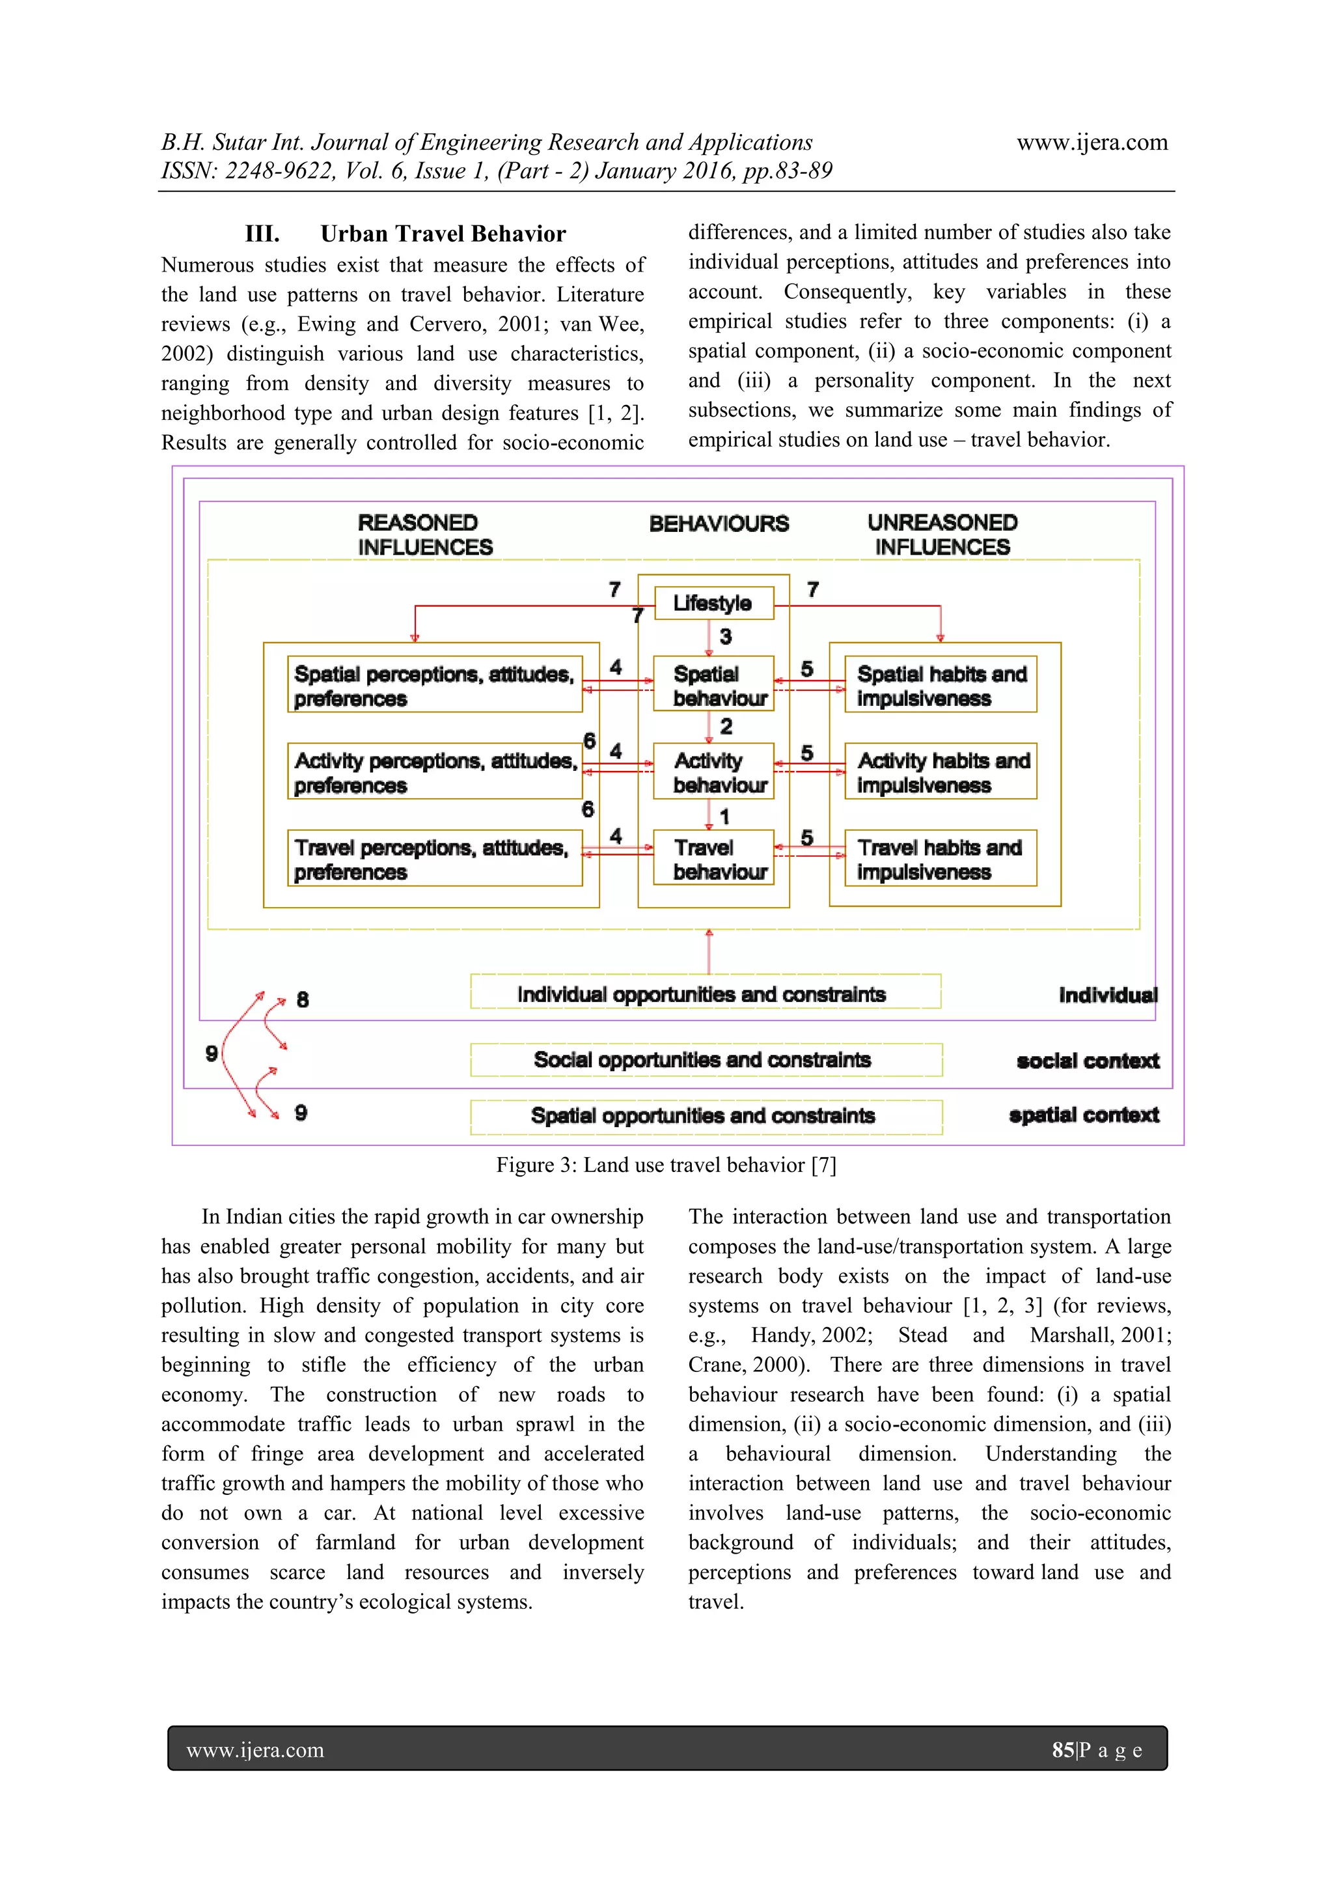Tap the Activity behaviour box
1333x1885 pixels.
click(x=713, y=771)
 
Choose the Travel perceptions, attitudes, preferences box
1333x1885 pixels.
click(x=434, y=858)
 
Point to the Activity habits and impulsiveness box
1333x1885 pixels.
click(x=941, y=771)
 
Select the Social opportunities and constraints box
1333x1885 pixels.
click(x=705, y=1059)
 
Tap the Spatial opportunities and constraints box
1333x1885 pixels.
click(x=705, y=1116)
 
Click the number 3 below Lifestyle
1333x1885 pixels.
click(x=726, y=636)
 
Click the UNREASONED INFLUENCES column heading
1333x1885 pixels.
click(x=942, y=535)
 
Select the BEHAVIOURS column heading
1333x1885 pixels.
click(x=719, y=524)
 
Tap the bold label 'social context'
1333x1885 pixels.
click(x=1088, y=1061)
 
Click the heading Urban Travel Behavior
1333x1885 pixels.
click(x=443, y=234)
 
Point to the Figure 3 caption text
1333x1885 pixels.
click(x=666, y=1165)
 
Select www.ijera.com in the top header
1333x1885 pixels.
click(x=1092, y=142)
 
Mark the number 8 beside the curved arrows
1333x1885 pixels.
click(x=303, y=999)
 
